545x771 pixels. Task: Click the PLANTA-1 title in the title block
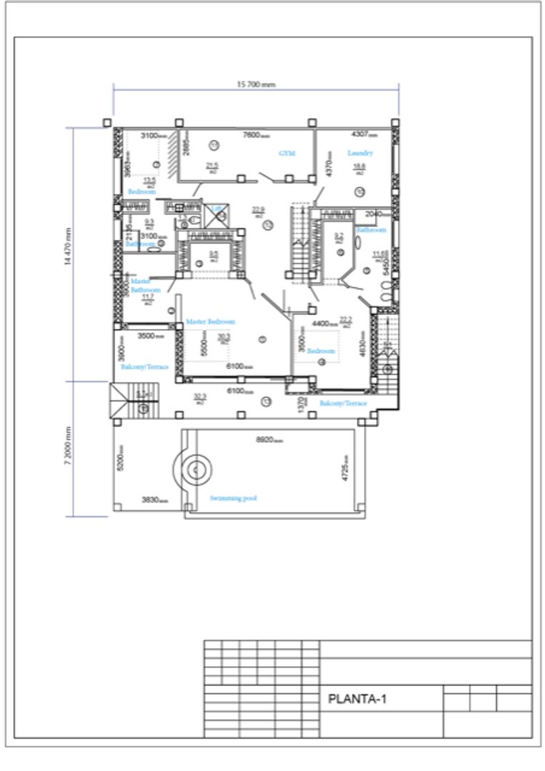click(356, 699)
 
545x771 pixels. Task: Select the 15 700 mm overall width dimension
click(256, 84)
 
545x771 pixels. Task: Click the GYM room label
click(286, 153)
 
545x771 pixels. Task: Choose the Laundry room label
click(360, 153)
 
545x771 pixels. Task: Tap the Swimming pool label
click(233, 498)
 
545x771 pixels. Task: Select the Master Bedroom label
click(210, 322)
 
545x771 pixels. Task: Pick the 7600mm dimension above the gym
click(256, 134)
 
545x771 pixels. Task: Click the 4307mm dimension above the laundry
click(364, 134)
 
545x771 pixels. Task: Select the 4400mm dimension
click(324, 323)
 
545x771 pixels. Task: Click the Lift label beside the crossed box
click(214, 208)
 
